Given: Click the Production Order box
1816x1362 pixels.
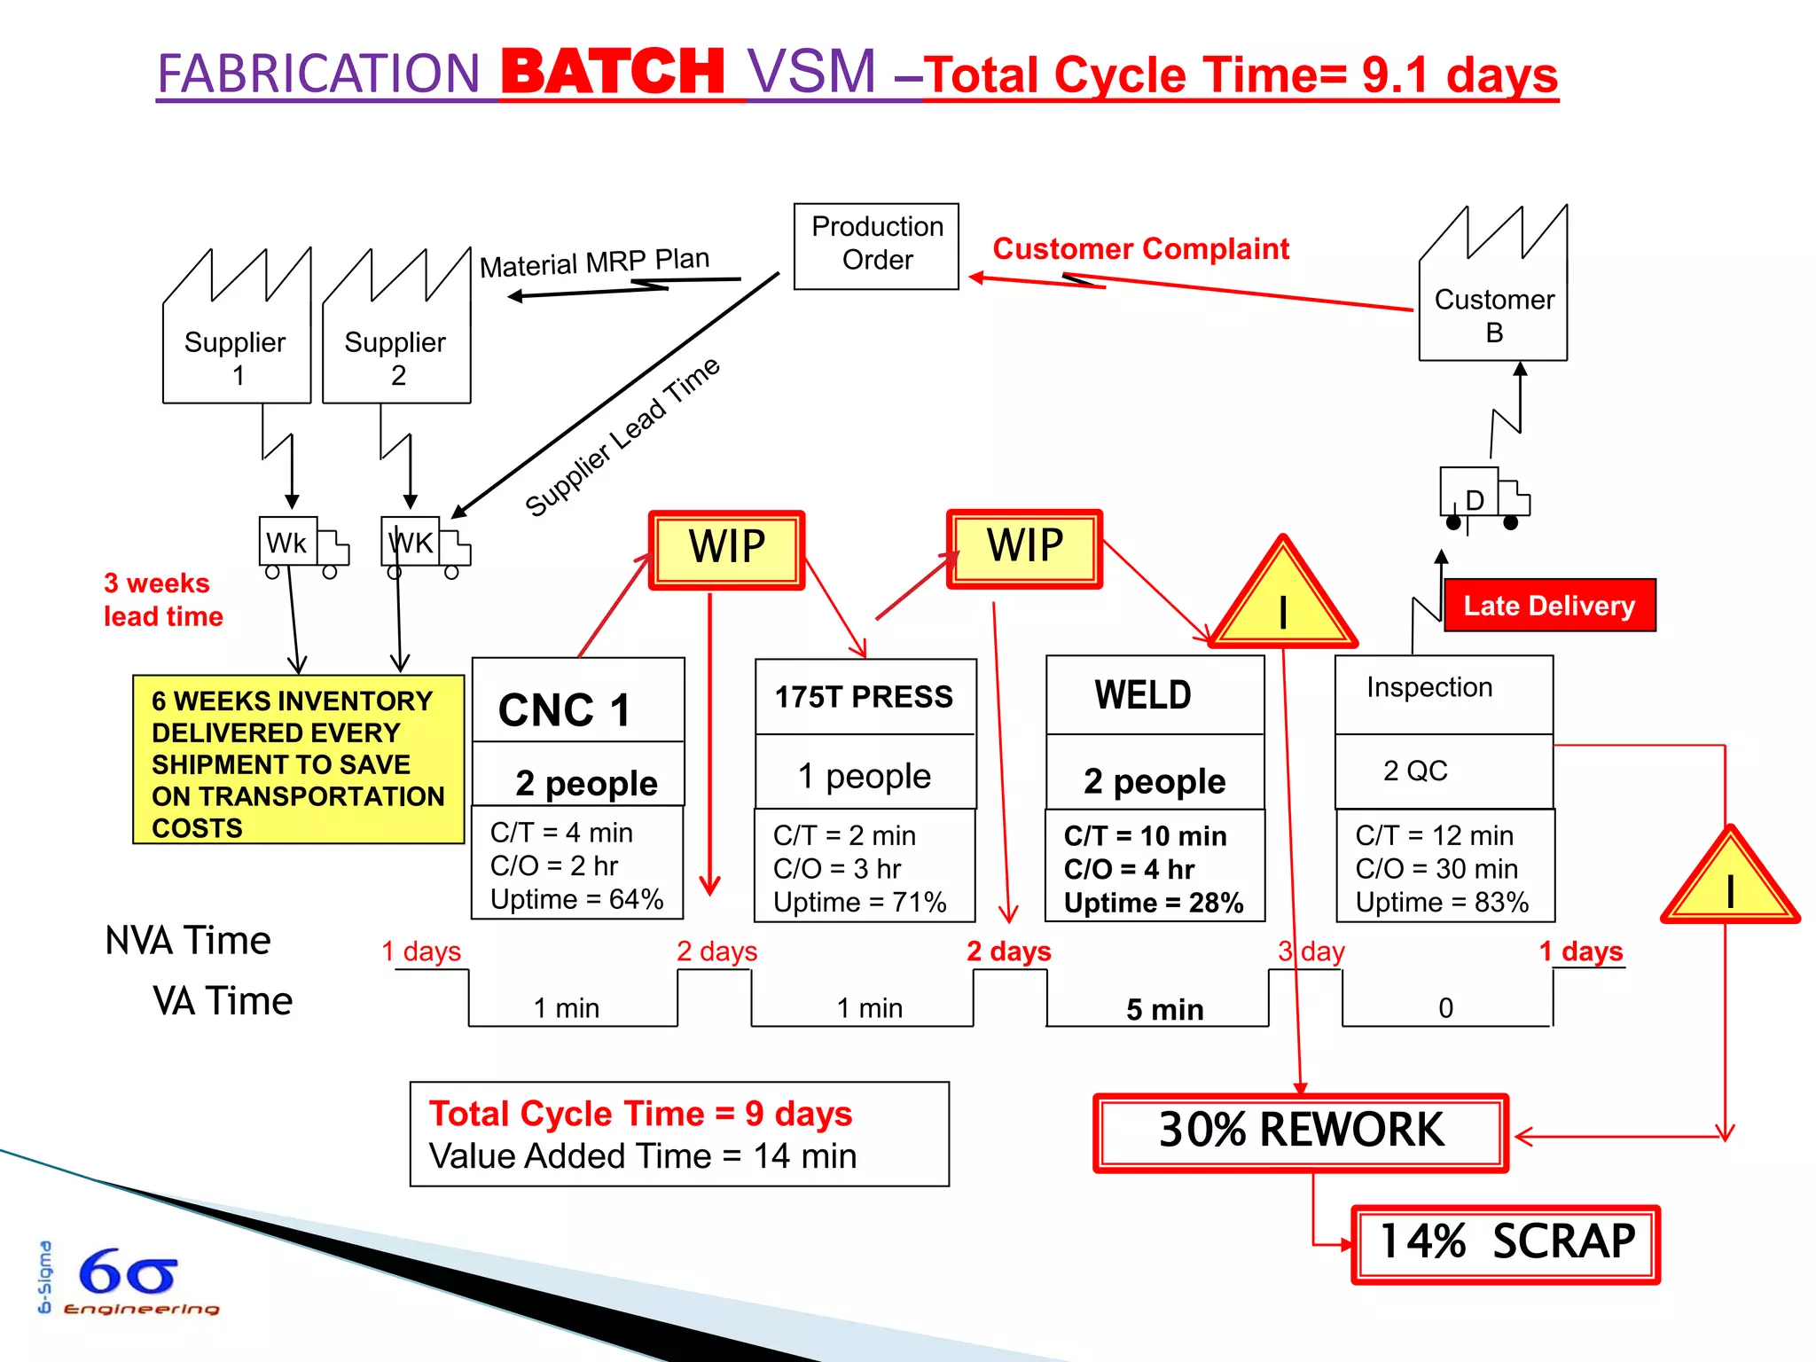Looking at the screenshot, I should (x=876, y=245).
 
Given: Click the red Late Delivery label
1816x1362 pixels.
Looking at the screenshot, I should (x=1549, y=606).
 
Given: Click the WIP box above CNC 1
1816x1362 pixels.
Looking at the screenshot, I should (x=726, y=549).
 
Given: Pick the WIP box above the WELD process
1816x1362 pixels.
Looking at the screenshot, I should (x=1024, y=547).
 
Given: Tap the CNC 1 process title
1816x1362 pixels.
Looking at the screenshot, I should (x=565, y=709).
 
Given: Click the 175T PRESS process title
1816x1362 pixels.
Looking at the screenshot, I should (x=864, y=697).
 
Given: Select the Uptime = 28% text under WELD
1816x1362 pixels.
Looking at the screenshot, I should (x=1153, y=903).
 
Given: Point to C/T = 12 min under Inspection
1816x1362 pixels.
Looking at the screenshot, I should (x=1434, y=835).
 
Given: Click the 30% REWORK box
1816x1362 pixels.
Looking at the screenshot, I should (x=1301, y=1131).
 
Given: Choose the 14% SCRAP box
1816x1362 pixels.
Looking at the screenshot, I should (x=1506, y=1242).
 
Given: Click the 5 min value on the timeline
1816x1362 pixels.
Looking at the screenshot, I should (x=1164, y=1009).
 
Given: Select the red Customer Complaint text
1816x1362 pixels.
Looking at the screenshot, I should (x=1140, y=249).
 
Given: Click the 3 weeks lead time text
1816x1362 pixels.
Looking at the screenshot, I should (x=163, y=599).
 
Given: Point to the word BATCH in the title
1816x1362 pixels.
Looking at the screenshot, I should (x=613, y=73).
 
